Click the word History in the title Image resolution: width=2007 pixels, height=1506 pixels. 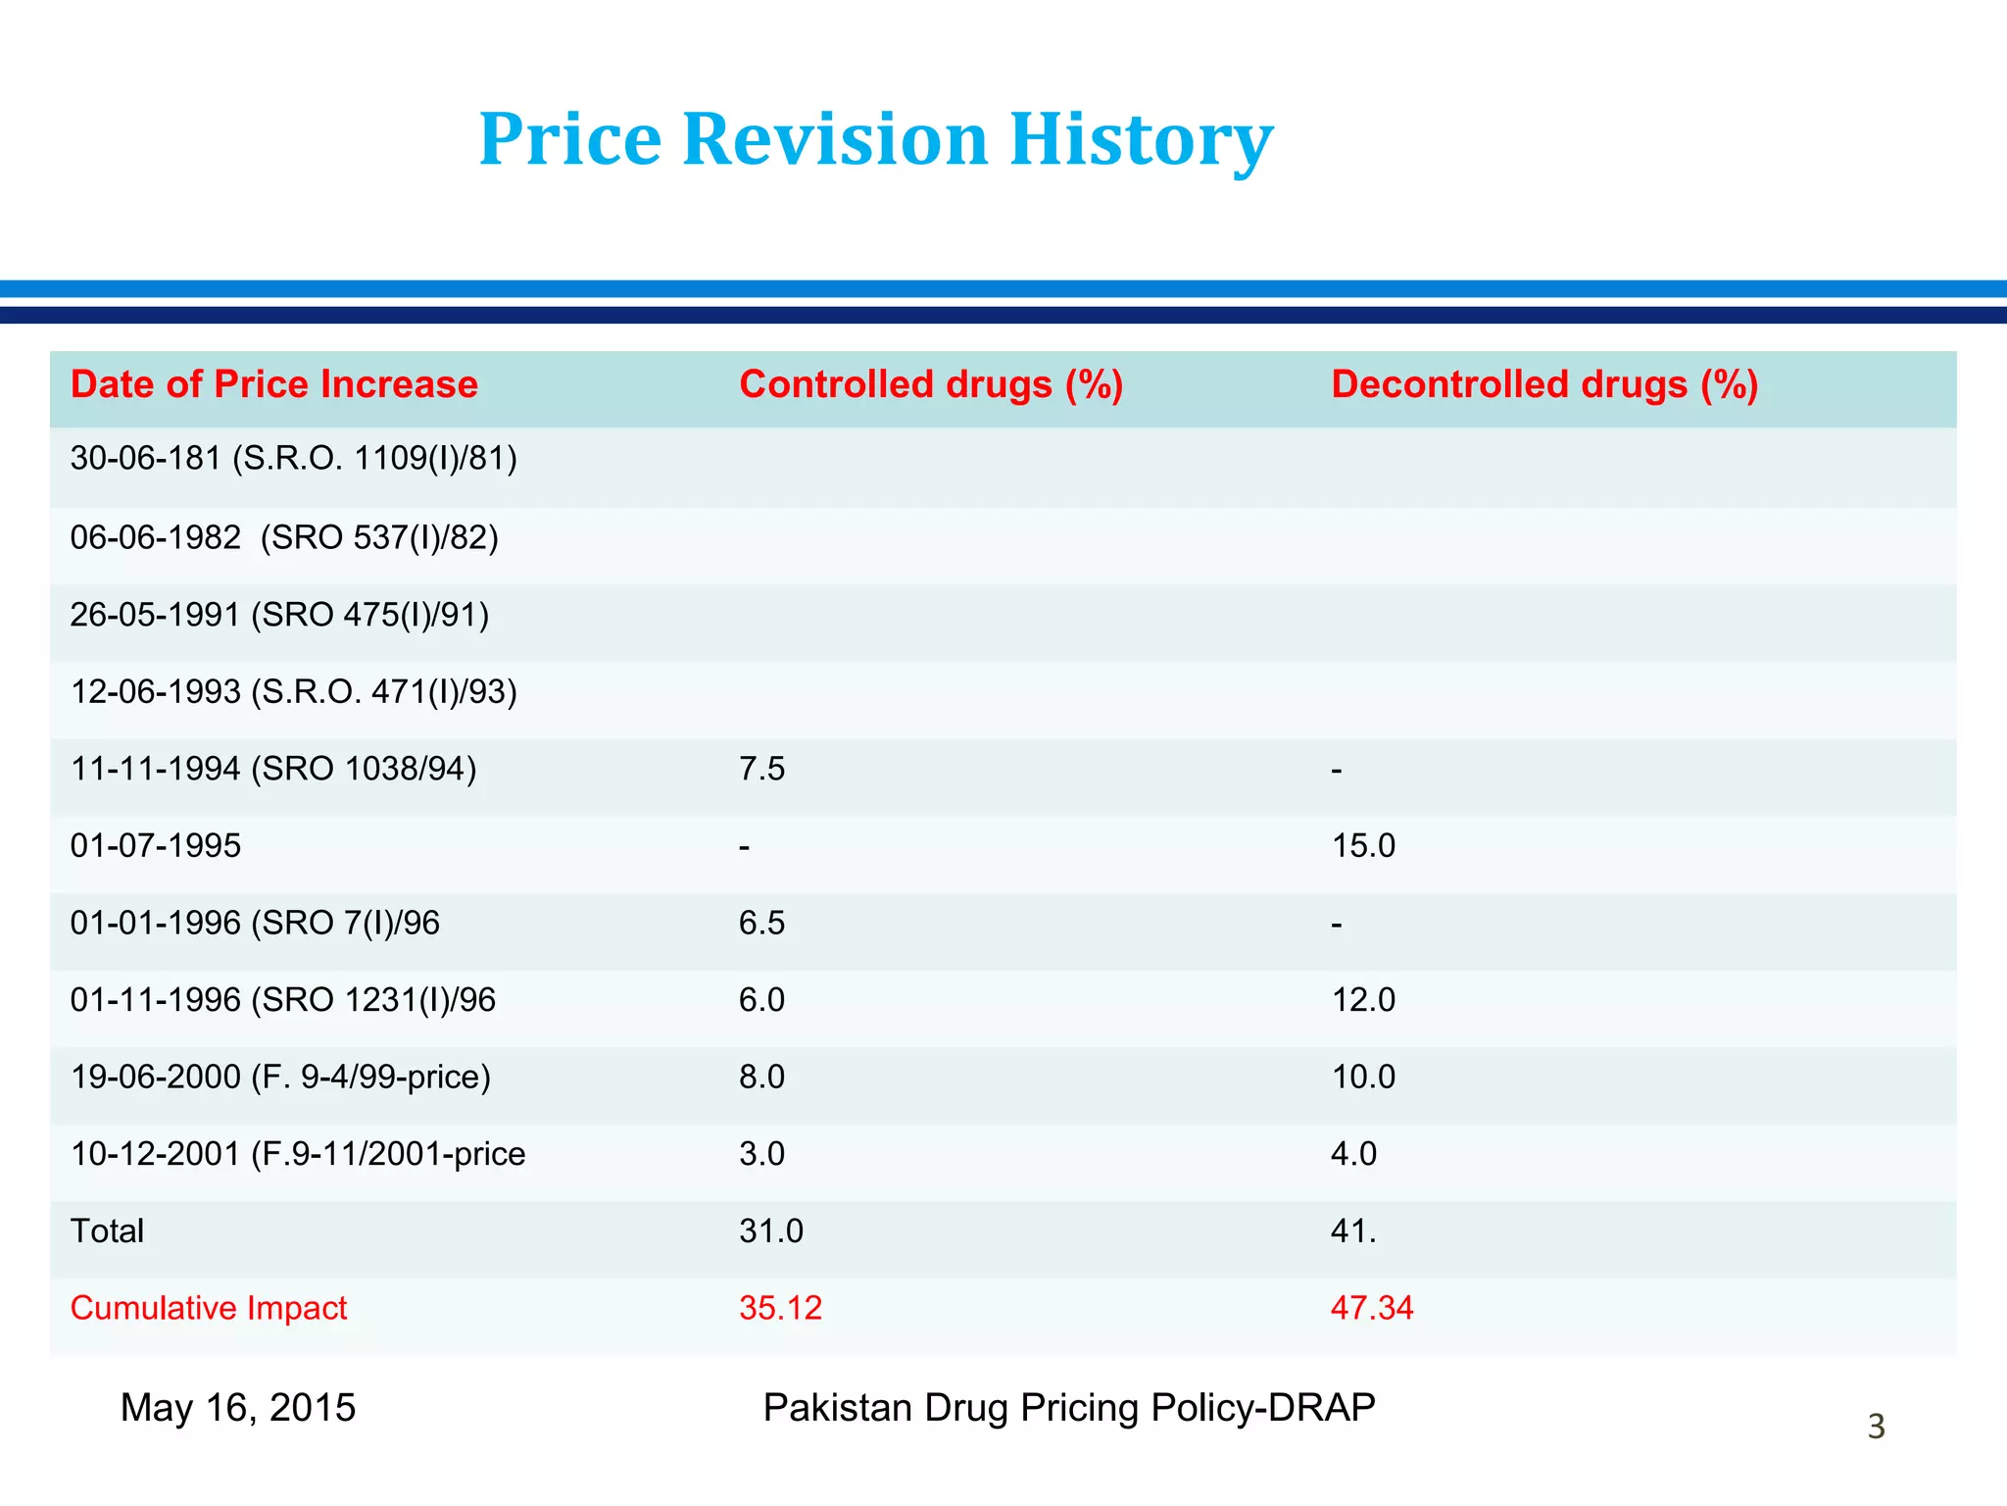pos(1140,139)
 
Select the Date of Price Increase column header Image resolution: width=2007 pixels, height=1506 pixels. pos(273,384)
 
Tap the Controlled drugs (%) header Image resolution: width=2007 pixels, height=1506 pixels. pos(930,384)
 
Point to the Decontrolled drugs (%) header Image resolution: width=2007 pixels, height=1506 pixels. pos(1543,384)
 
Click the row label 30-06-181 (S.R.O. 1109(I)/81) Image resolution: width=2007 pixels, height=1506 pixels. pos(293,458)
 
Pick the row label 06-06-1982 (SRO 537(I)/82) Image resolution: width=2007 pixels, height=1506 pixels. pos(284,537)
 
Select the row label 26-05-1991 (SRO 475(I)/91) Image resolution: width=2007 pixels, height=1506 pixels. pos(279,615)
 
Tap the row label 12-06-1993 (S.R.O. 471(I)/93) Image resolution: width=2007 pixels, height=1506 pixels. pos(293,692)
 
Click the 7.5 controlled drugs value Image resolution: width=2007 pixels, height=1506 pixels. pos(761,769)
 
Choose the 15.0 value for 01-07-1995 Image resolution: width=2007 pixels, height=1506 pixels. pos(1362,845)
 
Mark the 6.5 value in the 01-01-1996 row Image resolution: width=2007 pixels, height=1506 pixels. pos(761,923)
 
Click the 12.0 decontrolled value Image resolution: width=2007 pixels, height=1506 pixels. pos(1362,1000)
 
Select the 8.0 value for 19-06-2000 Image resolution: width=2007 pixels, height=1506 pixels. pos(761,1077)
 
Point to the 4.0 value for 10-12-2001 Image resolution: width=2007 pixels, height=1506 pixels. pos(1353,1154)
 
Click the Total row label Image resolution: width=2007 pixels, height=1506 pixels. pos(107,1230)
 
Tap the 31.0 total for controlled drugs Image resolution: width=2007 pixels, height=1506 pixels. pos(770,1230)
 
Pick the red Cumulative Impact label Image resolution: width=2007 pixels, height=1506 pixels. pos(209,1308)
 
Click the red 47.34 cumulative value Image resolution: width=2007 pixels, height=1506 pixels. pos(1371,1308)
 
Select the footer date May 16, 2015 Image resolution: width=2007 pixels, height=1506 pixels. pos(237,1408)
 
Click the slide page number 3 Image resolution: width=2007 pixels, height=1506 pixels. pos(1876,1427)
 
